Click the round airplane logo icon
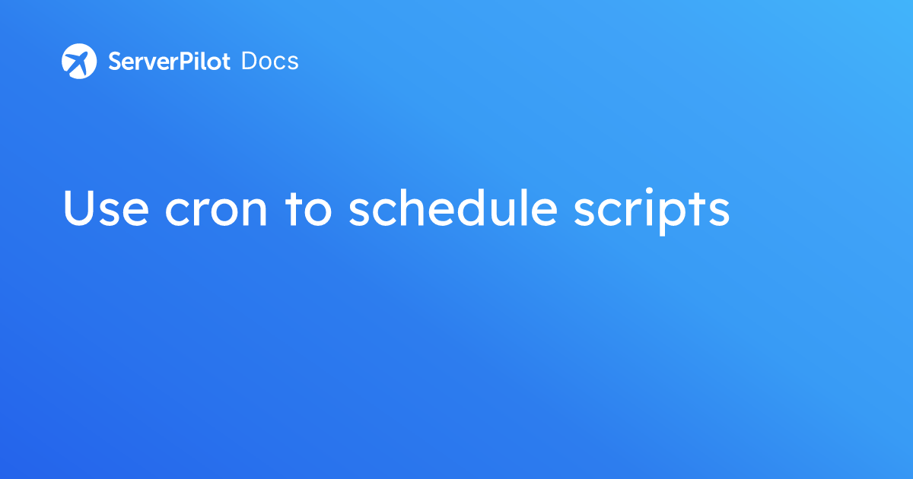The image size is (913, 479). (x=79, y=61)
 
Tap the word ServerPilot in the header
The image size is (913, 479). (x=170, y=62)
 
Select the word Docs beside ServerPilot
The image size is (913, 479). (x=270, y=62)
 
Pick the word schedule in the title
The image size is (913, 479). (x=453, y=208)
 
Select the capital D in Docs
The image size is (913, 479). (x=250, y=62)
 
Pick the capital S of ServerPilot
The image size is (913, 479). (x=115, y=62)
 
